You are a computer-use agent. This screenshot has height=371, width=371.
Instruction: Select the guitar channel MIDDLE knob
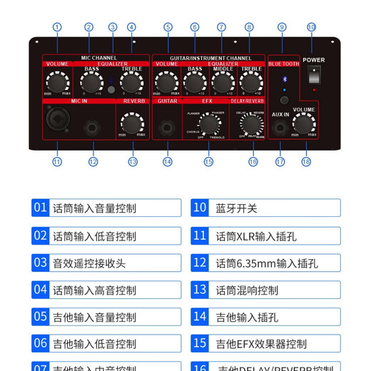click(x=223, y=83)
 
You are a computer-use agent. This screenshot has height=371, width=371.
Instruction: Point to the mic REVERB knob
click(x=131, y=122)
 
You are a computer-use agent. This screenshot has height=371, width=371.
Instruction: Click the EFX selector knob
click(x=208, y=124)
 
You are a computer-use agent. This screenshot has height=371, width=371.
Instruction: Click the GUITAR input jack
click(x=167, y=128)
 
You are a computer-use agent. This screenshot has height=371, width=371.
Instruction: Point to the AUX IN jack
click(x=280, y=129)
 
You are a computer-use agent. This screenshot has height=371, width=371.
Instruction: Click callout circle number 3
click(x=112, y=27)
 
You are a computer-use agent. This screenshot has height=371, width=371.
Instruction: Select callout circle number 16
click(x=253, y=162)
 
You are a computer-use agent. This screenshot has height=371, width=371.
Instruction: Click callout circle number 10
click(x=311, y=27)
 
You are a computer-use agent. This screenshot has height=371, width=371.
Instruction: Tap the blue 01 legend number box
click(x=40, y=208)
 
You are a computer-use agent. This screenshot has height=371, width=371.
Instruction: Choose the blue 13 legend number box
click(x=200, y=290)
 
